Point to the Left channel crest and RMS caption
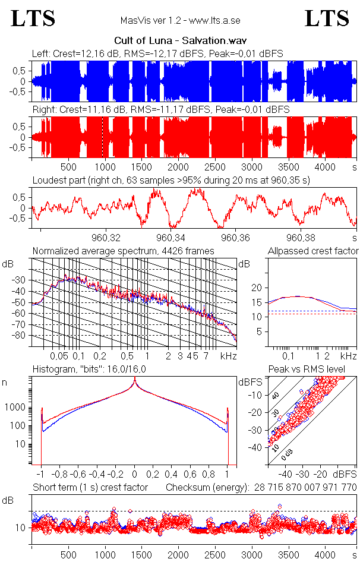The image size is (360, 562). [x=157, y=54]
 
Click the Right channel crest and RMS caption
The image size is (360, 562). [x=160, y=110]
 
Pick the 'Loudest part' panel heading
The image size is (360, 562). [x=176, y=180]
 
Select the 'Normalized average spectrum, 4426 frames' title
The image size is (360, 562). [x=123, y=251]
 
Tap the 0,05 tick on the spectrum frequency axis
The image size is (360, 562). [x=59, y=356]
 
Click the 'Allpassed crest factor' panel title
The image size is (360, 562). [x=313, y=251]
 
